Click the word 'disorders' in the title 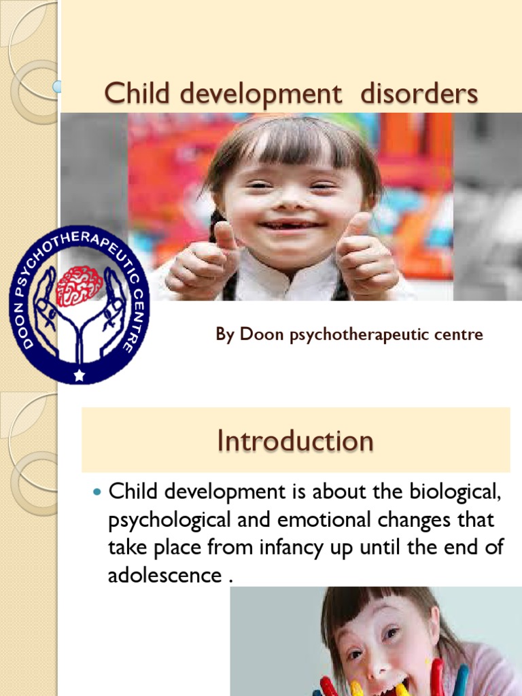point(419,94)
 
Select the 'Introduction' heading point(295,440)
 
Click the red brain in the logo point(80,285)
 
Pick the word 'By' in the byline point(224,334)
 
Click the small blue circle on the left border point(57,86)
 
